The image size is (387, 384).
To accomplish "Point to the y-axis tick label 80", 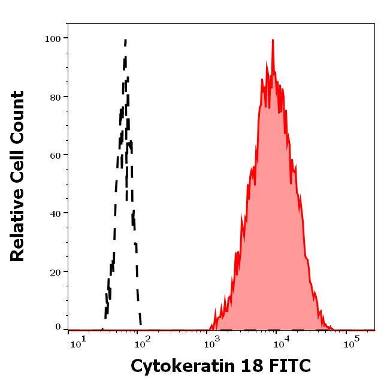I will tap(55, 96).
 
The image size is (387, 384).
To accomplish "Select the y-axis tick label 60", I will tap(55, 155).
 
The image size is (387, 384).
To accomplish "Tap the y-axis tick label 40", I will tap(55, 213).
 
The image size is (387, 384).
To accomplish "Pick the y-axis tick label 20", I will tap(55, 271).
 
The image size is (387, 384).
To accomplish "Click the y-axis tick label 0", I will tap(58, 327).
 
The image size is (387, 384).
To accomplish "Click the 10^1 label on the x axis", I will tap(78, 343).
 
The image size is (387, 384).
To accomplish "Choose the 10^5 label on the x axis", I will tap(351, 343).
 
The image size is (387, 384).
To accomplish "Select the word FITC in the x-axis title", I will tap(291, 365).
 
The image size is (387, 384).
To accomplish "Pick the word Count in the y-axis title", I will tap(17, 116).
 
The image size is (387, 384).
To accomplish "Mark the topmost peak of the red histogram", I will tap(273, 40).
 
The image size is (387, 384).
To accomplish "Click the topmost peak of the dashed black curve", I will tap(125, 40).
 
